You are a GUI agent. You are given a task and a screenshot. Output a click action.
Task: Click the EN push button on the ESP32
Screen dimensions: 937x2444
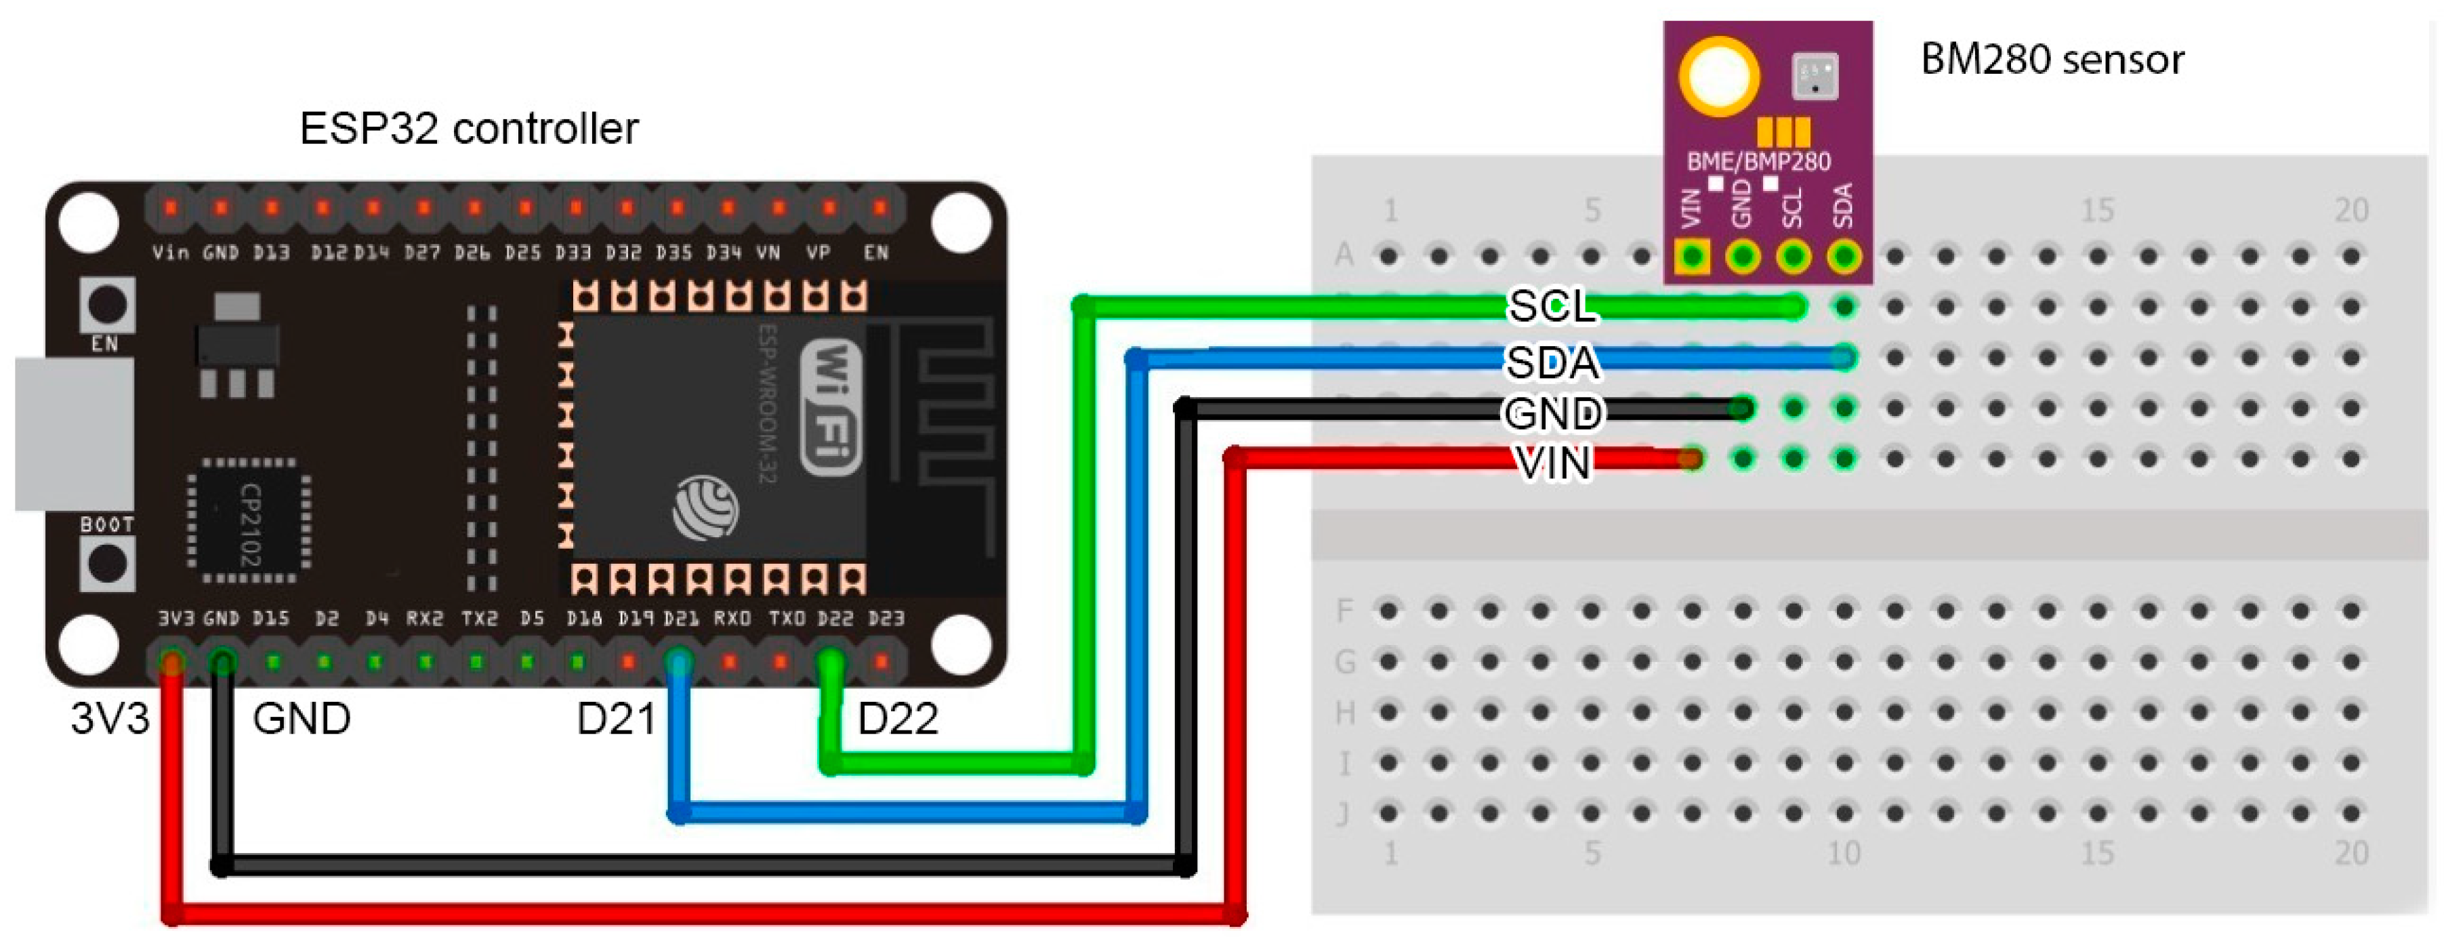[x=106, y=304]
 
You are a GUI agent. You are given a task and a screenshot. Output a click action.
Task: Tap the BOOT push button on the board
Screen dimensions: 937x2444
[x=106, y=563]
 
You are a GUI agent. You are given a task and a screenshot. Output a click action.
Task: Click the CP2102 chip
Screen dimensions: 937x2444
[x=249, y=520]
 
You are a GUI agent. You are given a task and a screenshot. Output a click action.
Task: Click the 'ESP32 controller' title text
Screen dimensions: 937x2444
[x=469, y=129]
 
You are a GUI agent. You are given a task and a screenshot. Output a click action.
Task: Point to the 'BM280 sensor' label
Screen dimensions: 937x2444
[x=2051, y=60]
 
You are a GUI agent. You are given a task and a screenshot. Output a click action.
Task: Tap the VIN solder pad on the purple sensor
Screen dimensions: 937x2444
[x=1692, y=256]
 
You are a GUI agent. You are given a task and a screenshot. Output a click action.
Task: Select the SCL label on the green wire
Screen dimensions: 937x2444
[x=1552, y=306]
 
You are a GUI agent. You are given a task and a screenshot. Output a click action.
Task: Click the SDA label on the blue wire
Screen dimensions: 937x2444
[x=1552, y=361]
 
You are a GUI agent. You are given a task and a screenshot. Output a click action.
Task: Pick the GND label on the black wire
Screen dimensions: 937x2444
[x=1553, y=413]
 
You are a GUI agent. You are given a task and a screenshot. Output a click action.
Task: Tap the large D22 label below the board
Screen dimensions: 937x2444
[x=898, y=719]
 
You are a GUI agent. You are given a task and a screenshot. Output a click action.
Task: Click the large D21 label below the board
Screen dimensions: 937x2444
[x=616, y=719]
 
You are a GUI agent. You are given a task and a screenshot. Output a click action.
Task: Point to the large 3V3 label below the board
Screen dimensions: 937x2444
[x=110, y=719]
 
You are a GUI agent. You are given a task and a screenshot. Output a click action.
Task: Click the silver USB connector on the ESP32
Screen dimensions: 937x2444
[x=74, y=434]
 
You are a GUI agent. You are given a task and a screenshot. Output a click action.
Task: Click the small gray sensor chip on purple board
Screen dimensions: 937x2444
[x=1814, y=76]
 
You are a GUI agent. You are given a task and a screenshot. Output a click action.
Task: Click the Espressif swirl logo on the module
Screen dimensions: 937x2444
[x=705, y=508]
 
